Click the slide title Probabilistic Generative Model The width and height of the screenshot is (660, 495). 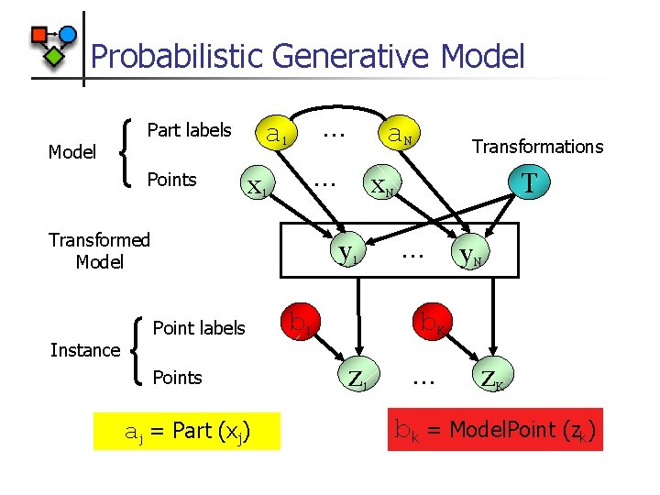point(308,57)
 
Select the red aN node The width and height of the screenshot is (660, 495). point(397,136)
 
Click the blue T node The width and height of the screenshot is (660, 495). point(528,183)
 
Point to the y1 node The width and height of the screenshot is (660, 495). point(346,251)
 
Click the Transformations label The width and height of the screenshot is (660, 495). point(537,147)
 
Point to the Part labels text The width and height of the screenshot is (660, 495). point(189,130)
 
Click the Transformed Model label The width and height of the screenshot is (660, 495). point(99,251)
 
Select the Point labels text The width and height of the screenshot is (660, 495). point(199,328)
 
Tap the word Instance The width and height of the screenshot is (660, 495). point(85,350)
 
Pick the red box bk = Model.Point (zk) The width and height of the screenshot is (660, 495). point(495,429)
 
